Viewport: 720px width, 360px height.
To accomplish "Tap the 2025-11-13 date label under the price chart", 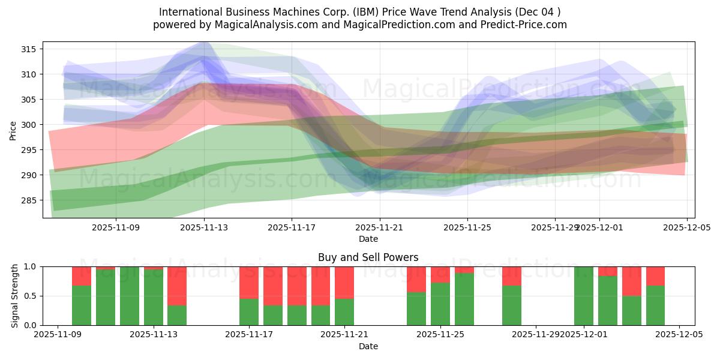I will (x=204, y=227).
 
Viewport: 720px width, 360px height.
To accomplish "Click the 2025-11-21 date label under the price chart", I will (x=380, y=227).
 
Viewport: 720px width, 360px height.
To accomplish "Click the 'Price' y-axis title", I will (x=13, y=130).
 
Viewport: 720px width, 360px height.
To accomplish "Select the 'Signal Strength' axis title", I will (x=16, y=296).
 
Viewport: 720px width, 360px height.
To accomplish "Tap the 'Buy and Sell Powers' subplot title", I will (x=368, y=258).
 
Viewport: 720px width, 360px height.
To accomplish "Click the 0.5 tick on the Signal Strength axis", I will (x=30, y=296).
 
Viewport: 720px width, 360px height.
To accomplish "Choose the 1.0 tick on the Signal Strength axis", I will (x=30, y=266).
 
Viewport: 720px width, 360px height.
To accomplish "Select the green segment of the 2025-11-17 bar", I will (x=249, y=312).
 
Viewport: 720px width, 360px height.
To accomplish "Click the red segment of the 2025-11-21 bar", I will (x=344, y=282).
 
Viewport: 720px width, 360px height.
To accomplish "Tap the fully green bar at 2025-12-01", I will (x=584, y=296).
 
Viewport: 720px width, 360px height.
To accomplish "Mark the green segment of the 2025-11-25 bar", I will (x=440, y=304).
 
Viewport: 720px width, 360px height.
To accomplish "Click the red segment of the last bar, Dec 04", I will (x=655, y=275).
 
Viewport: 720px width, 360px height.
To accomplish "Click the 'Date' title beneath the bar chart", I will (x=368, y=346).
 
